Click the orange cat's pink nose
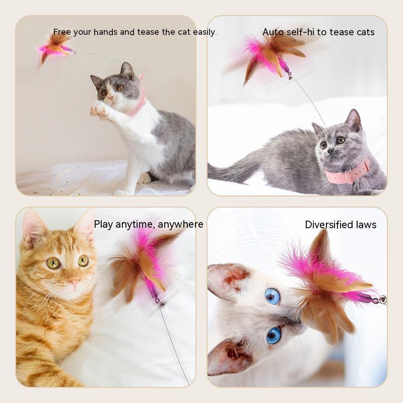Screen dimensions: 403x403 point(74,282)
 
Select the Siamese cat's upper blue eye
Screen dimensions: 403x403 point(273,296)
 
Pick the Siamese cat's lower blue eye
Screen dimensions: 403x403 point(274,335)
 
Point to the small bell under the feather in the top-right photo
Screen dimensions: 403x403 point(290,76)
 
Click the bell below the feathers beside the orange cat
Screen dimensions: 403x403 point(161,305)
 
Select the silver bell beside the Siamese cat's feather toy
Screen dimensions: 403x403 point(383,300)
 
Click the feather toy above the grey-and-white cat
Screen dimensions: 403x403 point(55,49)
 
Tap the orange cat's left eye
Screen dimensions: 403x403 point(53,263)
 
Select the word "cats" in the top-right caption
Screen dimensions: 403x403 point(363,32)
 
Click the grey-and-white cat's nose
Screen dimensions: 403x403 point(110,97)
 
